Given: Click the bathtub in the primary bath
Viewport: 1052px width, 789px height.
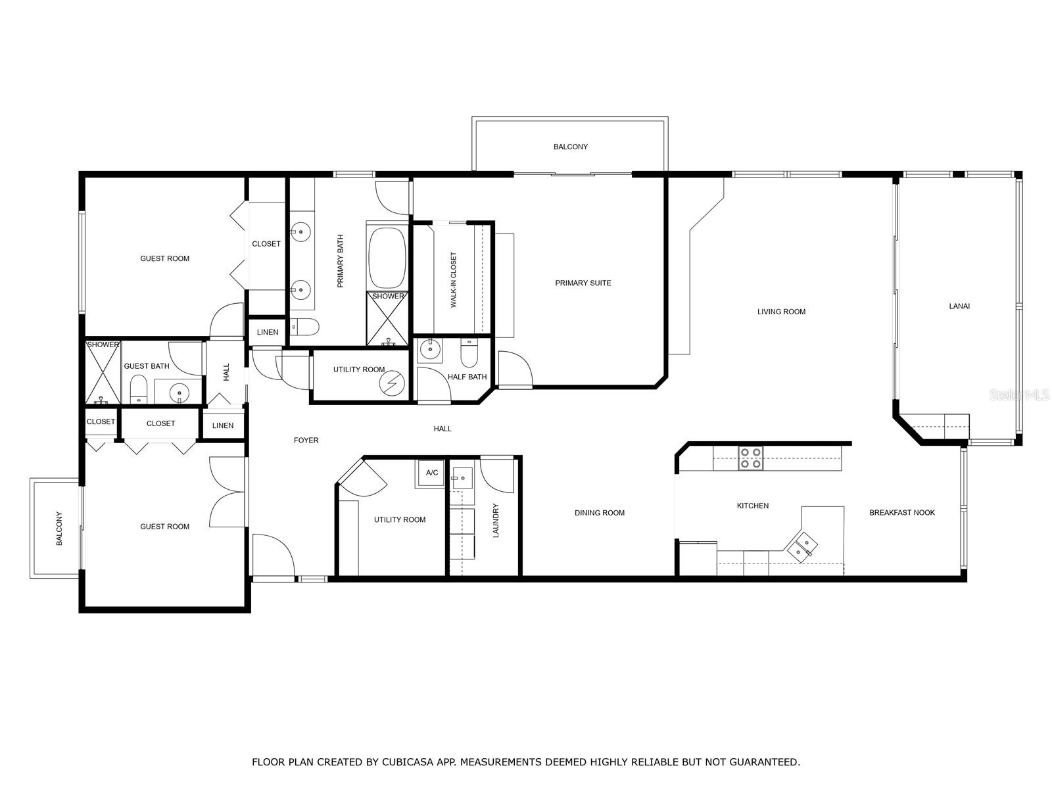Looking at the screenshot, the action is point(387,257).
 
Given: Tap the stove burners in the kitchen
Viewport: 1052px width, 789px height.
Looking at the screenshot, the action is point(750,458).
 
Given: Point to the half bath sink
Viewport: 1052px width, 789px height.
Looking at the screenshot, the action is point(430,350).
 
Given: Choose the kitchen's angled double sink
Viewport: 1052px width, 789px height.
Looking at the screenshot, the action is point(802,546).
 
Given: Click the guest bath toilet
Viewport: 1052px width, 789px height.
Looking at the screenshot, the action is point(139,389).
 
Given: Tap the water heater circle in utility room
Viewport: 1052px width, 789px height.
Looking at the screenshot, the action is point(392,383).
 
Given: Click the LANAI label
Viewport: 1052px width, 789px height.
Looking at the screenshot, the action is point(959,306).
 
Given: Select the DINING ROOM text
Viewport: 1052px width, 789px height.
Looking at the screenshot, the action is point(599,513).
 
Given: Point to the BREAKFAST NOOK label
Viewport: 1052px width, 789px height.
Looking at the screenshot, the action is point(901,512).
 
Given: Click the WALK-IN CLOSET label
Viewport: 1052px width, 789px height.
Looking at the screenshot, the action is point(454,280).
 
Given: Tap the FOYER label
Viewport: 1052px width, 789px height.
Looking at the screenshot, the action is point(306,440).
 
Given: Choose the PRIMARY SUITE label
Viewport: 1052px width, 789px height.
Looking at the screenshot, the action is point(583,283).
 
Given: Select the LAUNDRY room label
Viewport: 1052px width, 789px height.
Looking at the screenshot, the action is point(496,520).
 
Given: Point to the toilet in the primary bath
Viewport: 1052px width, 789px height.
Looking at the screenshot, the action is point(305,327).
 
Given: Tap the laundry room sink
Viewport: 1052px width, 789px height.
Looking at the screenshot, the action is point(462,477).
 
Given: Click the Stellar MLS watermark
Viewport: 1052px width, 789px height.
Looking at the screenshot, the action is point(1018,394).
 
